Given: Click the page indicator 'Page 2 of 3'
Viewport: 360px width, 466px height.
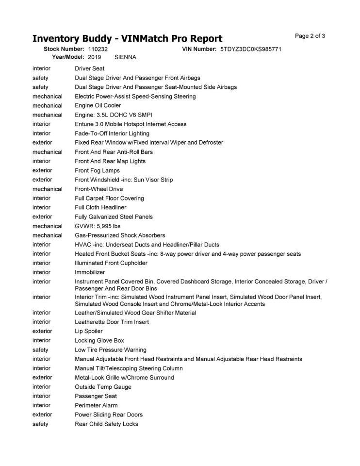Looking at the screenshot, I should click(x=310, y=36).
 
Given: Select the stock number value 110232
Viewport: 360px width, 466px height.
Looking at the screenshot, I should click(x=98, y=49).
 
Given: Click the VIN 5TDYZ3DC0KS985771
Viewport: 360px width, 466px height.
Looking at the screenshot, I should click(x=251, y=49).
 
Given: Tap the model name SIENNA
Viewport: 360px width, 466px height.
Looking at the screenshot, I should click(x=125, y=57).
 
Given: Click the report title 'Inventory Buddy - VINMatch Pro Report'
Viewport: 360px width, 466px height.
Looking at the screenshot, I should click(x=127, y=39).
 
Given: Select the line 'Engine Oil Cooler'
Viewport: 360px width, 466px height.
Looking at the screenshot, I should click(x=98, y=105).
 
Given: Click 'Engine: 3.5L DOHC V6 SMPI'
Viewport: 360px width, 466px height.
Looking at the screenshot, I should click(x=114, y=115).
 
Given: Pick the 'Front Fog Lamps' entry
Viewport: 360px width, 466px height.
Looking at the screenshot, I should click(x=97, y=170).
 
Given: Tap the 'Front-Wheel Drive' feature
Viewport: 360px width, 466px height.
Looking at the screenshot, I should click(x=99, y=189).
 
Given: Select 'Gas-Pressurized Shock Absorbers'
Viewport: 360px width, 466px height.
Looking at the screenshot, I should click(x=120, y=235).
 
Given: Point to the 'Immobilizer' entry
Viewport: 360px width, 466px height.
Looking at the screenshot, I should click(x=90, y=272).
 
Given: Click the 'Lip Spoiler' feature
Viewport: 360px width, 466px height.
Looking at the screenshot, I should click(x=89, y=331).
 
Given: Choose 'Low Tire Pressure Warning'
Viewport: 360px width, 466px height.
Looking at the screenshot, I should click(x=111, y=349).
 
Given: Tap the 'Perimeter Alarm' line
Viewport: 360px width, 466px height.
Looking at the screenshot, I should click(x=96, y=405).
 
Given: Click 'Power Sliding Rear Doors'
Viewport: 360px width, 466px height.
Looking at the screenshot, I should click(x=109, y=415).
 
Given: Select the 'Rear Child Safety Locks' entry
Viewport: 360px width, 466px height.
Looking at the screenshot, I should click(x=106, y=424).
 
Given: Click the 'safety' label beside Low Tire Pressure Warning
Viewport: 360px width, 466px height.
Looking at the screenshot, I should click(x=40, y=349).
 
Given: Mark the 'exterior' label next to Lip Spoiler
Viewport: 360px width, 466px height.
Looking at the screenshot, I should click(x=42, y=331).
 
